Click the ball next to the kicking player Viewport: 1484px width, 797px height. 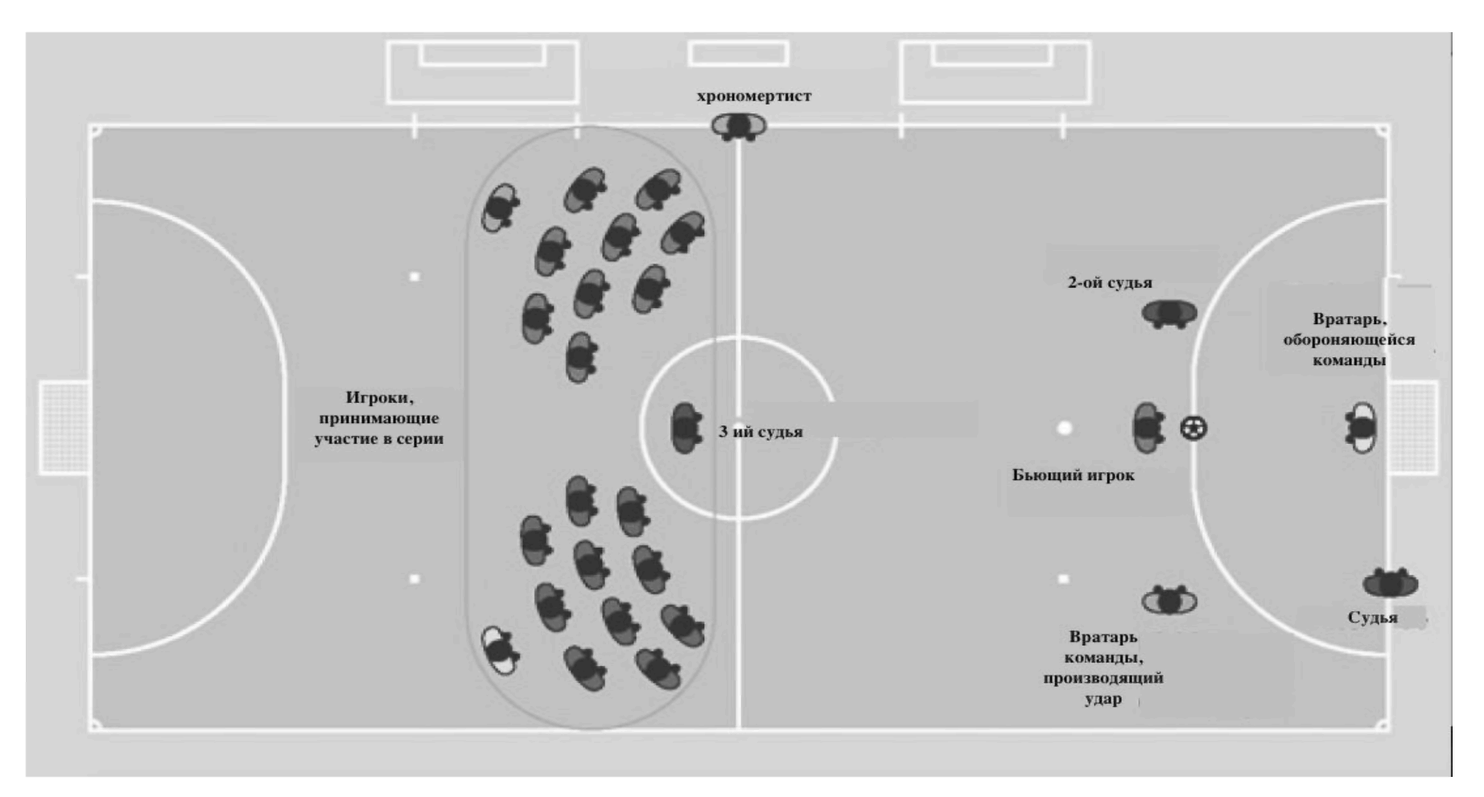[x=1193, y=428]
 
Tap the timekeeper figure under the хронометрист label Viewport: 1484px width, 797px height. [x=738, y=126]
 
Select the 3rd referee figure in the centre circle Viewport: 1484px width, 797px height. [x=685, y=428]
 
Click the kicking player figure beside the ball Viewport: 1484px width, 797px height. [x=1148, y=427]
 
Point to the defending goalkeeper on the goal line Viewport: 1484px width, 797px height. [x=1361, y=427]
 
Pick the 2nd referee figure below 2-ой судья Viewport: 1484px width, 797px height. [x=1169, y=313]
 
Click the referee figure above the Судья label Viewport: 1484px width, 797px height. [x=1390, y=583]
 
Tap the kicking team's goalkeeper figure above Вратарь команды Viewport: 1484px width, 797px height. [x=1169, y=600]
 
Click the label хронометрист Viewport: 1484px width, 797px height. [x=753, y=96]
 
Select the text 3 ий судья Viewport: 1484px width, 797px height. [x=761, y=432]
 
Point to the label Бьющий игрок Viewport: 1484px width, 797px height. [x=1073, y=475]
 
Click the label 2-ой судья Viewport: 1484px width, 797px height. [x=1109, y=282]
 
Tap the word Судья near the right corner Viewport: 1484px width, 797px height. [x=1372, y=618]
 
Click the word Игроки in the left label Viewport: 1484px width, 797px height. [x=379, y=397]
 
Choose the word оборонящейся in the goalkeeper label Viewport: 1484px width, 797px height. [x=1349, y=339]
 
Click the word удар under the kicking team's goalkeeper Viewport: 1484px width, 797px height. [x=1103, y=699]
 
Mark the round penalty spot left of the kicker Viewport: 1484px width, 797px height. [x=1064, y=428]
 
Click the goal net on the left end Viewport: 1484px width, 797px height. [x=64, y=428]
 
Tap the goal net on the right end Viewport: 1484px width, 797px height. [x=1413, y=428]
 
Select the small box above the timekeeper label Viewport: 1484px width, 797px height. [x=738, y=54]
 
